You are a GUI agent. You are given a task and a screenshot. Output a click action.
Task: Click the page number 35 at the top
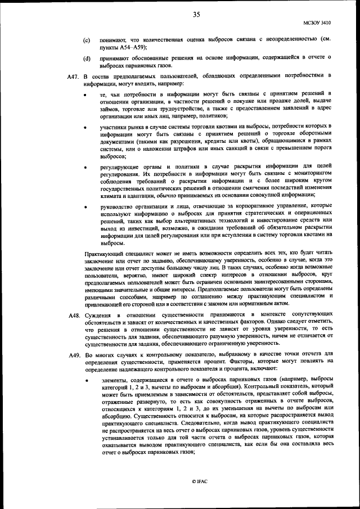(x=196, y=15)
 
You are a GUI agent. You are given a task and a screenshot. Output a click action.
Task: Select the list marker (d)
(x=87, y=58)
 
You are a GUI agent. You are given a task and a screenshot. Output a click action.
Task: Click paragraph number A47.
(x=73, y=75)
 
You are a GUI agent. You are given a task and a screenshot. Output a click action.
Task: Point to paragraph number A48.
(x=73, y=313)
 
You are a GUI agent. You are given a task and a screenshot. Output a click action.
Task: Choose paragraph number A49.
(x=73, y=354)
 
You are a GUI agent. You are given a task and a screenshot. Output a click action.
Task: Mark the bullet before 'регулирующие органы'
(x=86, y=168)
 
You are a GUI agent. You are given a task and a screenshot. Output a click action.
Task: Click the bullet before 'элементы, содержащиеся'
(x=86, y=380)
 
